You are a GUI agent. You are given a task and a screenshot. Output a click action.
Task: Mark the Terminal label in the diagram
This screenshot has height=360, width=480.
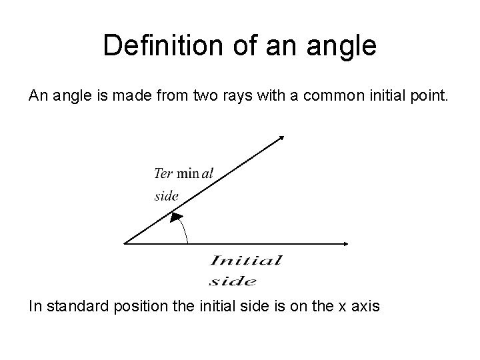coord(183,173)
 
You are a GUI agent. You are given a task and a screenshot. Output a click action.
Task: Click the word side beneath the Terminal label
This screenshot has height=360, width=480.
coord(167,195)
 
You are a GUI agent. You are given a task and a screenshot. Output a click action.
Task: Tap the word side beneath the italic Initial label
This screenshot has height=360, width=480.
coord(233,280)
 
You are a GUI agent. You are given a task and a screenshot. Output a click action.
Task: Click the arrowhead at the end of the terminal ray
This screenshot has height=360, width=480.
coord(281,138)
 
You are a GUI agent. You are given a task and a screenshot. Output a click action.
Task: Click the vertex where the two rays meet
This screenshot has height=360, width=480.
coord(125,243)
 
